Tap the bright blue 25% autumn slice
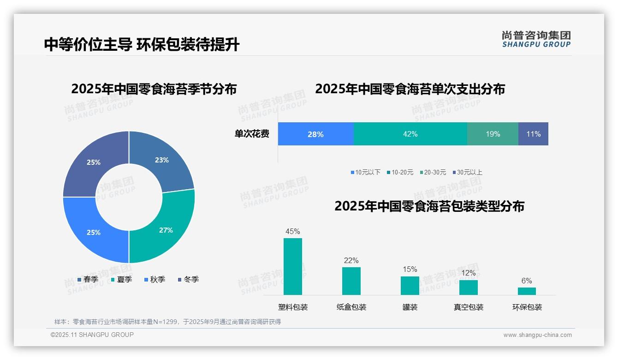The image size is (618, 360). click(94, 232)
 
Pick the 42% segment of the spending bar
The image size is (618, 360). click(410, 134)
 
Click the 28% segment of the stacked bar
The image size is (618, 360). click(315, 134)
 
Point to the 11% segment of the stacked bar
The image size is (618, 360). click(533, 134)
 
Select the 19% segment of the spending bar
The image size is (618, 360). click(493, 134)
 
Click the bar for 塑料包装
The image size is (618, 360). click(293, 266)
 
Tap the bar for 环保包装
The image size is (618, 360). click(527, 291)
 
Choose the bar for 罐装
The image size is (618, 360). click(410, 286)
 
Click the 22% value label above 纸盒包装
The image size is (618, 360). click(351, 261)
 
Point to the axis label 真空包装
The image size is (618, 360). click(468, 307)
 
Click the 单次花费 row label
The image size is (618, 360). click(252, 134)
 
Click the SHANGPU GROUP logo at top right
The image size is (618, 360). click(536, 39)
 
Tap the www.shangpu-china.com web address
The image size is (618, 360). click(537, 335)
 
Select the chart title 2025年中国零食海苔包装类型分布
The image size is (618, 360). click(429, 206)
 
